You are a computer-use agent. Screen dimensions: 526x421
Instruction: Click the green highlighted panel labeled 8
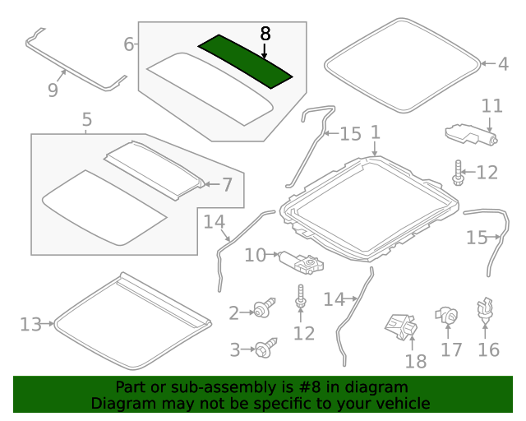[x=245, y=62]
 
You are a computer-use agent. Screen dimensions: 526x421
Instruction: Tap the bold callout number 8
[x=265, y=34]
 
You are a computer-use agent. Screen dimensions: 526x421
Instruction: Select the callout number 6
[x=129, y=44]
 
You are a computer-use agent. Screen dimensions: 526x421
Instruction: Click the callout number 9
[x=53, y=90]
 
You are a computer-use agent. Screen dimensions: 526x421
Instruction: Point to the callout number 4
[x=503, y=64]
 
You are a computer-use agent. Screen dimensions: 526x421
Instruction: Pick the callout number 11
[x=492, y=106]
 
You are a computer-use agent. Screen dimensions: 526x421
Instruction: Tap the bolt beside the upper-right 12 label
[x=458, y=173]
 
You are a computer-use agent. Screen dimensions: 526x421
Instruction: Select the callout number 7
[x=228, y=185]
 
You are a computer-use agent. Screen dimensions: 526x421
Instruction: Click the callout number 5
[x=87, y=119]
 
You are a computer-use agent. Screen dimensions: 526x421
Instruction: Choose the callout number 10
[x=256, y=255]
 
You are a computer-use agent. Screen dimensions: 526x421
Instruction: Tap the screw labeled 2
[x=265, y=308]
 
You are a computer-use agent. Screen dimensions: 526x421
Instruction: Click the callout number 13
[x=30, y=325]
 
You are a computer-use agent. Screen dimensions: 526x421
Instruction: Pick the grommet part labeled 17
[x=446, y=316]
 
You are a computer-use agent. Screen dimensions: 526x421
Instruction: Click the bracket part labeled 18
[x=401, y=326]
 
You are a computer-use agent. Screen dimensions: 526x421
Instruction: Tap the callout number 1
[x=376, y=132]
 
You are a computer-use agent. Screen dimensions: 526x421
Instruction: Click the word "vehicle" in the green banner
[x=406, y=403]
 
